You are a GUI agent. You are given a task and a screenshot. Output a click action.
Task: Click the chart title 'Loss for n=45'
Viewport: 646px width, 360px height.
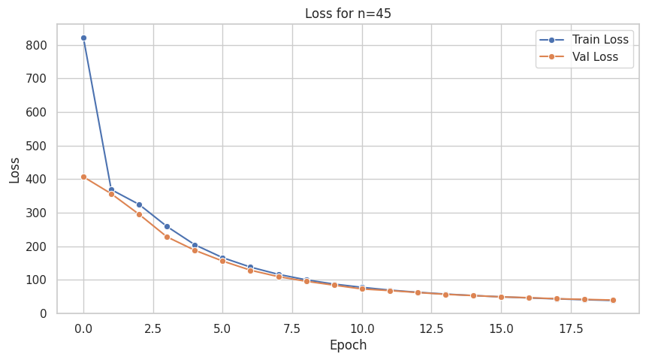coord(348,14)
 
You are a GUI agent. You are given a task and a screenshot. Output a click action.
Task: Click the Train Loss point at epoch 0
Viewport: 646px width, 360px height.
coord(83,38)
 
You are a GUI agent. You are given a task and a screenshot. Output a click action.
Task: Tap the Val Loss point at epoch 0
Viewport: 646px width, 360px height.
coord(83,177)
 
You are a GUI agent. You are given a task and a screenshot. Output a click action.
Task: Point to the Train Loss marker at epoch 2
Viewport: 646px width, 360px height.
coord(139,204)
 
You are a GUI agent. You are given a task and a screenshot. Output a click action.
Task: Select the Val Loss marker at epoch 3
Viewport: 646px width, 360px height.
coord(167,237)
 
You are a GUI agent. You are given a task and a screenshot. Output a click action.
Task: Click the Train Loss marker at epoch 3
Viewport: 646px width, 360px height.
coord(167,226)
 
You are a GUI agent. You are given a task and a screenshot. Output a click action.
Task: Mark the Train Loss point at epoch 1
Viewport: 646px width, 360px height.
coord(111,189)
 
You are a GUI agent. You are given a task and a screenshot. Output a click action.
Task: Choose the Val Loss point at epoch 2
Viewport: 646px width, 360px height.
coord(139,214)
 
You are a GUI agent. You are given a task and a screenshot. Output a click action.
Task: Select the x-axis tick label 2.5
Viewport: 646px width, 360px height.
coord(153,328)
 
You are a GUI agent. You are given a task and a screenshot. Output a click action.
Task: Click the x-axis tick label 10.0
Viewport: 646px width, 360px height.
coord(362,328)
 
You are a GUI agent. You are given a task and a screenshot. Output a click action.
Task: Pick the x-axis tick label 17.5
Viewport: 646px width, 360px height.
coord(571,328)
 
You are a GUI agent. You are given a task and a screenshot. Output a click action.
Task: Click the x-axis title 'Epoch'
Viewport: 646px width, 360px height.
coord(348,345)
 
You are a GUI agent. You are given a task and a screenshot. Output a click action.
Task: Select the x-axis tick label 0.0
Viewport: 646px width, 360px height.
coord(83,328)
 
